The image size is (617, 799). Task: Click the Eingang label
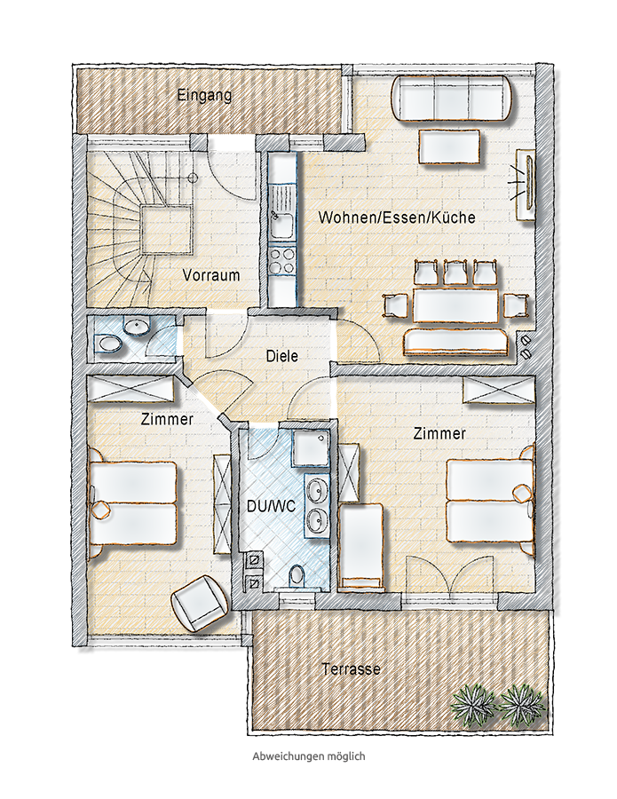pyautogui.click(x=204, y=95)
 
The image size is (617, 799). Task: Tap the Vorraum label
pyautogui.click(x=211, y=276)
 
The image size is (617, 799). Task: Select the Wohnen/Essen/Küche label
pyautogui.click(x=397, y=218)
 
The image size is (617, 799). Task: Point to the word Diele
pyautogui.click(x=281, y=356)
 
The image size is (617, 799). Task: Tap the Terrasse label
pyautogui.click(x=351, y=668)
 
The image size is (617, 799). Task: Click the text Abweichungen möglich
pyautogui.click(x=309, y=756)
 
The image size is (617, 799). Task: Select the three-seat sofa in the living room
pyautogui.click(x=452, y=98)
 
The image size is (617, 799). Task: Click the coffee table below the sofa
pyautogui.click(x=450, y=146)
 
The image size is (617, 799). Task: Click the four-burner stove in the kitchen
pyautogui.click(x=281, y=260)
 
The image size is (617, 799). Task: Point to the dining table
pyautogui.click(x=455, y=305)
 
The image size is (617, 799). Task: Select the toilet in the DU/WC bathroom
pyautogui.click(x=296, y=576)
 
